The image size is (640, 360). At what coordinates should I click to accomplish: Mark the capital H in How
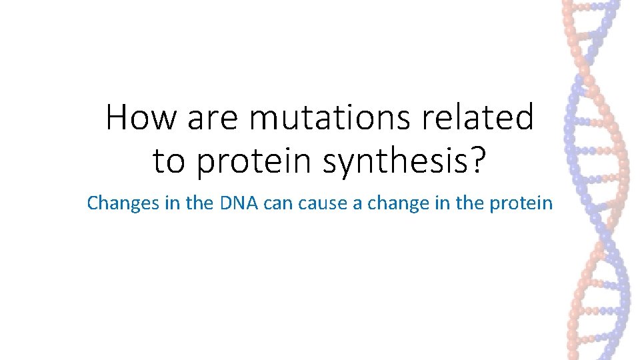pos(117,118)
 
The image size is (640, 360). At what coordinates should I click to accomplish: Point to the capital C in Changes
pos(93,203)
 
